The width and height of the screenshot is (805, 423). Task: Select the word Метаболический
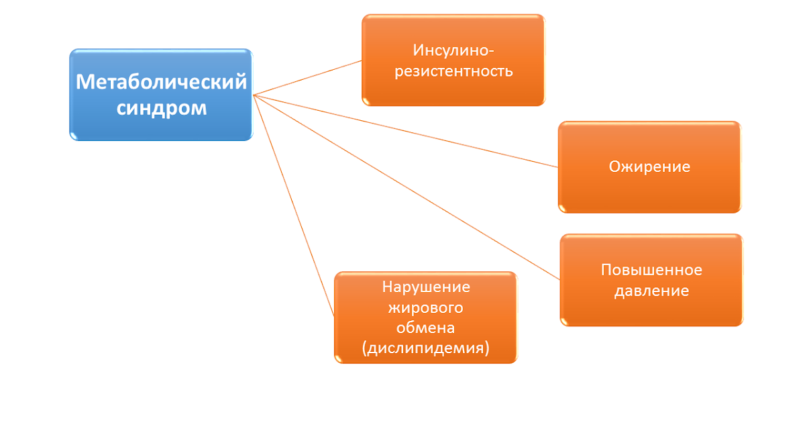(x=161, y=82)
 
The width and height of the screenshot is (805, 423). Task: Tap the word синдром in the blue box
(x=162, y=107)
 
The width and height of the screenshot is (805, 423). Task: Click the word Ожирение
(x=649, y=167)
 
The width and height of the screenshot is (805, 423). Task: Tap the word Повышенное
(x=651, y=270)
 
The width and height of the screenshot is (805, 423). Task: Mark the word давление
(x=651, y=291)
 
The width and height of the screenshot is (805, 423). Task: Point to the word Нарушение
(x=426, y=287)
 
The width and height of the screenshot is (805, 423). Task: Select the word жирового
(x=426, y=308)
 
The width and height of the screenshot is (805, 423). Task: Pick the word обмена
(x=426, y=328)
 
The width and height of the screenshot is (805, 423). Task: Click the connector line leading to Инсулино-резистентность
(x=309, y=77)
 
